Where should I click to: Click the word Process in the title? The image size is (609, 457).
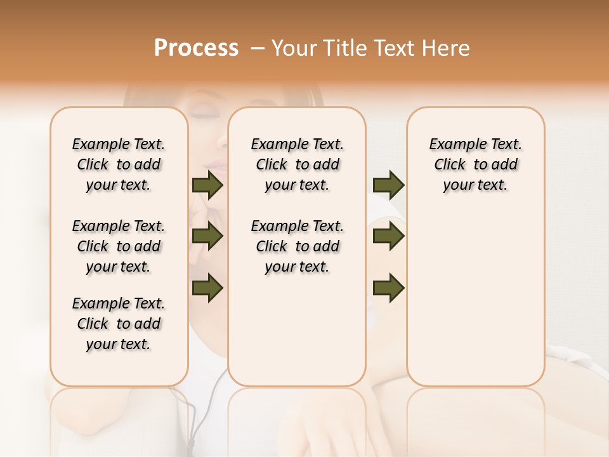(196, 48)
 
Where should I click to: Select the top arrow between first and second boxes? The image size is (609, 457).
(207, 185)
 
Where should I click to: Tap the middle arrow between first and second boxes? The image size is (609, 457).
(207, 237)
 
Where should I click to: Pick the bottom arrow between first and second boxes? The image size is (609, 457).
(207, 288)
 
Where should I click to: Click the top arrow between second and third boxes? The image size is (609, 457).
(388, 185)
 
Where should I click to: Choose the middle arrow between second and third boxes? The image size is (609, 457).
(388, 237)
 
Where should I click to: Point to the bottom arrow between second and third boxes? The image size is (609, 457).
(388, 288)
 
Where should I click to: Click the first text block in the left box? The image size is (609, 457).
(119, 164)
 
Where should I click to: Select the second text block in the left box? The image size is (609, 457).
(119, 246)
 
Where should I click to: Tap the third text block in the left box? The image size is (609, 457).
(119, 324)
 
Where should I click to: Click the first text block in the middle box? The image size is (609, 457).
(297, 164)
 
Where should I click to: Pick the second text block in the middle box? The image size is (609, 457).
(297, 246)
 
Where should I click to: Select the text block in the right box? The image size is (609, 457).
(475, 164)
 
